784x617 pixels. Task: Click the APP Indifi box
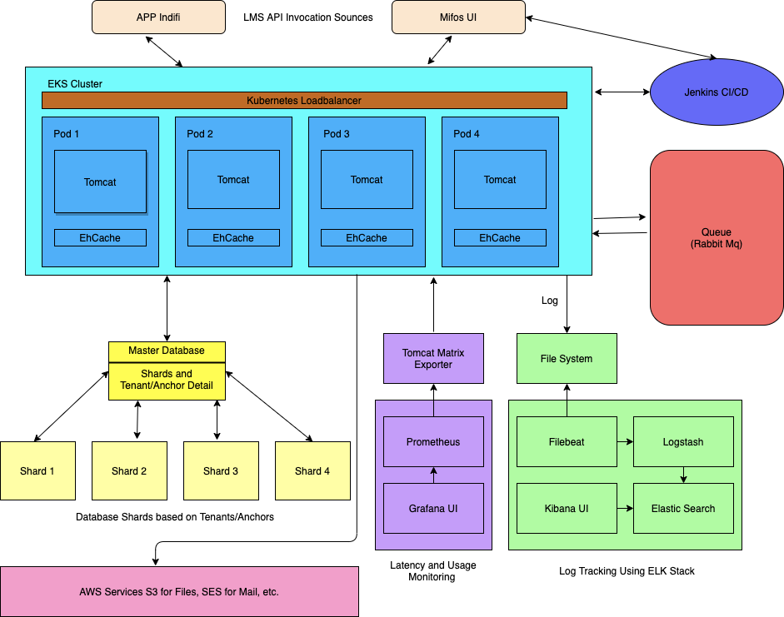coord(158,17)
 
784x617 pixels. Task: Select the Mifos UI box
coord(458,17)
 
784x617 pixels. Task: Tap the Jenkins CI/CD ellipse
coord(716,92)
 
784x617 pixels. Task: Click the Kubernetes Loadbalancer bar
coord(304,101)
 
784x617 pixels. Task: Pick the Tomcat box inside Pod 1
coord(100,182)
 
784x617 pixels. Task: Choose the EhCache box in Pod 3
coord(367,238)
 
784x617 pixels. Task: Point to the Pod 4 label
coord(467,134)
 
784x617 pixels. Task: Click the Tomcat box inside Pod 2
coord(233,180)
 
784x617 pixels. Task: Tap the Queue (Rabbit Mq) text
coord(716,238)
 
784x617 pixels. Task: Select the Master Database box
coord(167,351)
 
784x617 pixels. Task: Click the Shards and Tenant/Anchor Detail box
coord(167,381)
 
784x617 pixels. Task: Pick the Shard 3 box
coord(221,471)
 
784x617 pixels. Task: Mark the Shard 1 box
coord(37,471)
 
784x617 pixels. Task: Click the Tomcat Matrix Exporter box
coord(433,359)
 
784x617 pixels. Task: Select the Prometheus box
coord(433,442)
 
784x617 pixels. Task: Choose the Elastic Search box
coord(683,509)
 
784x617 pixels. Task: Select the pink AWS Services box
coord(179,592)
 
